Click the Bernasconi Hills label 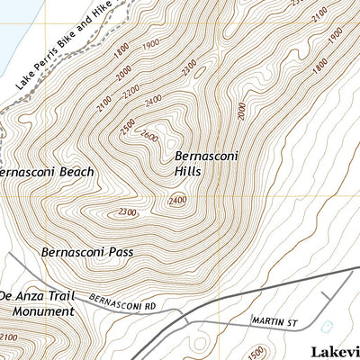click(x=193, y=161)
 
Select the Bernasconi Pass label click(x=87, y=252)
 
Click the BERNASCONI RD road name click(x=123, y=301)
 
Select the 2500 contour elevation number click(x=127, y=123)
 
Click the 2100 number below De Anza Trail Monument click(x=8, y=337)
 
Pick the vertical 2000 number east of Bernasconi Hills click(x=242, y=111)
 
